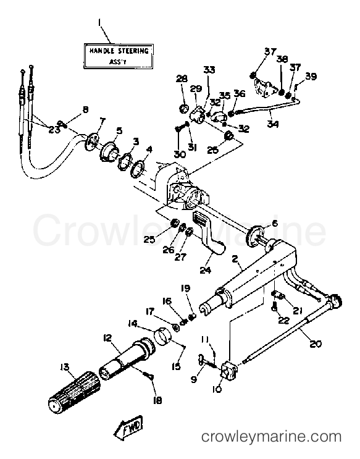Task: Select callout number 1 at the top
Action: pyautogui.click(x=100, y=22)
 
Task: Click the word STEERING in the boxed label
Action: pyautogui.click(x=133, y=51)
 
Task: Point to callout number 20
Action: pyautogui.click(x=315, y=343)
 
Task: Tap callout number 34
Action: pyautogui.click(x=272, y=124)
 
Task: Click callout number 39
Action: pyautogui.click(x=311, y=76)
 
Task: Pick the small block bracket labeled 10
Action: pyautogui.click(x=230, y=369)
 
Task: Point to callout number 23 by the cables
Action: pyautogui.click(x=54, y=129)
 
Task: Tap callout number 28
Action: pyautogui.click(x=182, y=78)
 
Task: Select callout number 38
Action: pyautogui.click(x=282, y=59)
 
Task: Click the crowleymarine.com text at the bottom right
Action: pyautogui.click(x=272, y=437)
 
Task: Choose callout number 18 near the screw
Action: pyautogui.click(x=157, y=400)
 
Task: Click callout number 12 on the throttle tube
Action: pyautogui.click(x=107, y=338)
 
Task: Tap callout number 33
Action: pyautogui.click(x=209, y=70)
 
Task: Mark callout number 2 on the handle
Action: pyautogui.click(x=235, y=259)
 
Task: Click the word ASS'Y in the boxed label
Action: pyautogui.click(x=117, y=62)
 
